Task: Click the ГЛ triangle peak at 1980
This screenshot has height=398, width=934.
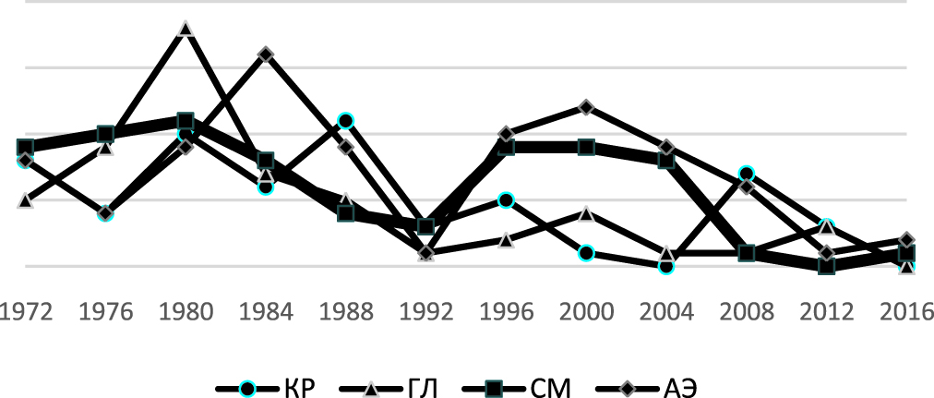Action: (186, 29)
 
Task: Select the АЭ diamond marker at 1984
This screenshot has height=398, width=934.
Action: (266, 54)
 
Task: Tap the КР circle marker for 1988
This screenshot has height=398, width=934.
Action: (346, 121)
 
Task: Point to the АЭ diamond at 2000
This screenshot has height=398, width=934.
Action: (586, 107)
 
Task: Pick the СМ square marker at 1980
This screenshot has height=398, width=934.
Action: (186, 121)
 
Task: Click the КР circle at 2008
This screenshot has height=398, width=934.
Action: (747, 174)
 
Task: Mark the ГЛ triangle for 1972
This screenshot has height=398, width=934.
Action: (26, 199)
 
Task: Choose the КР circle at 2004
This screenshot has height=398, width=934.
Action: (666, 266)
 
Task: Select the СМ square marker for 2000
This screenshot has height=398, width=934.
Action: (586, 147)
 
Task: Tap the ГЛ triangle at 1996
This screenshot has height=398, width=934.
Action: (506, 240)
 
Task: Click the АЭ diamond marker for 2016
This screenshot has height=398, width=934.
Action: (906, 240)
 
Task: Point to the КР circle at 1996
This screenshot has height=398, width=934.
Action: (506, 199)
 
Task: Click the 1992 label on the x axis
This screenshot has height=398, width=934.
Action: (425, 312)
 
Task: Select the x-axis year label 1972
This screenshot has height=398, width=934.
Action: (26, 312)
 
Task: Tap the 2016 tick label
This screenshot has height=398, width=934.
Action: (906, 312)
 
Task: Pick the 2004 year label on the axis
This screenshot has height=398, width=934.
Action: (666, 312)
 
